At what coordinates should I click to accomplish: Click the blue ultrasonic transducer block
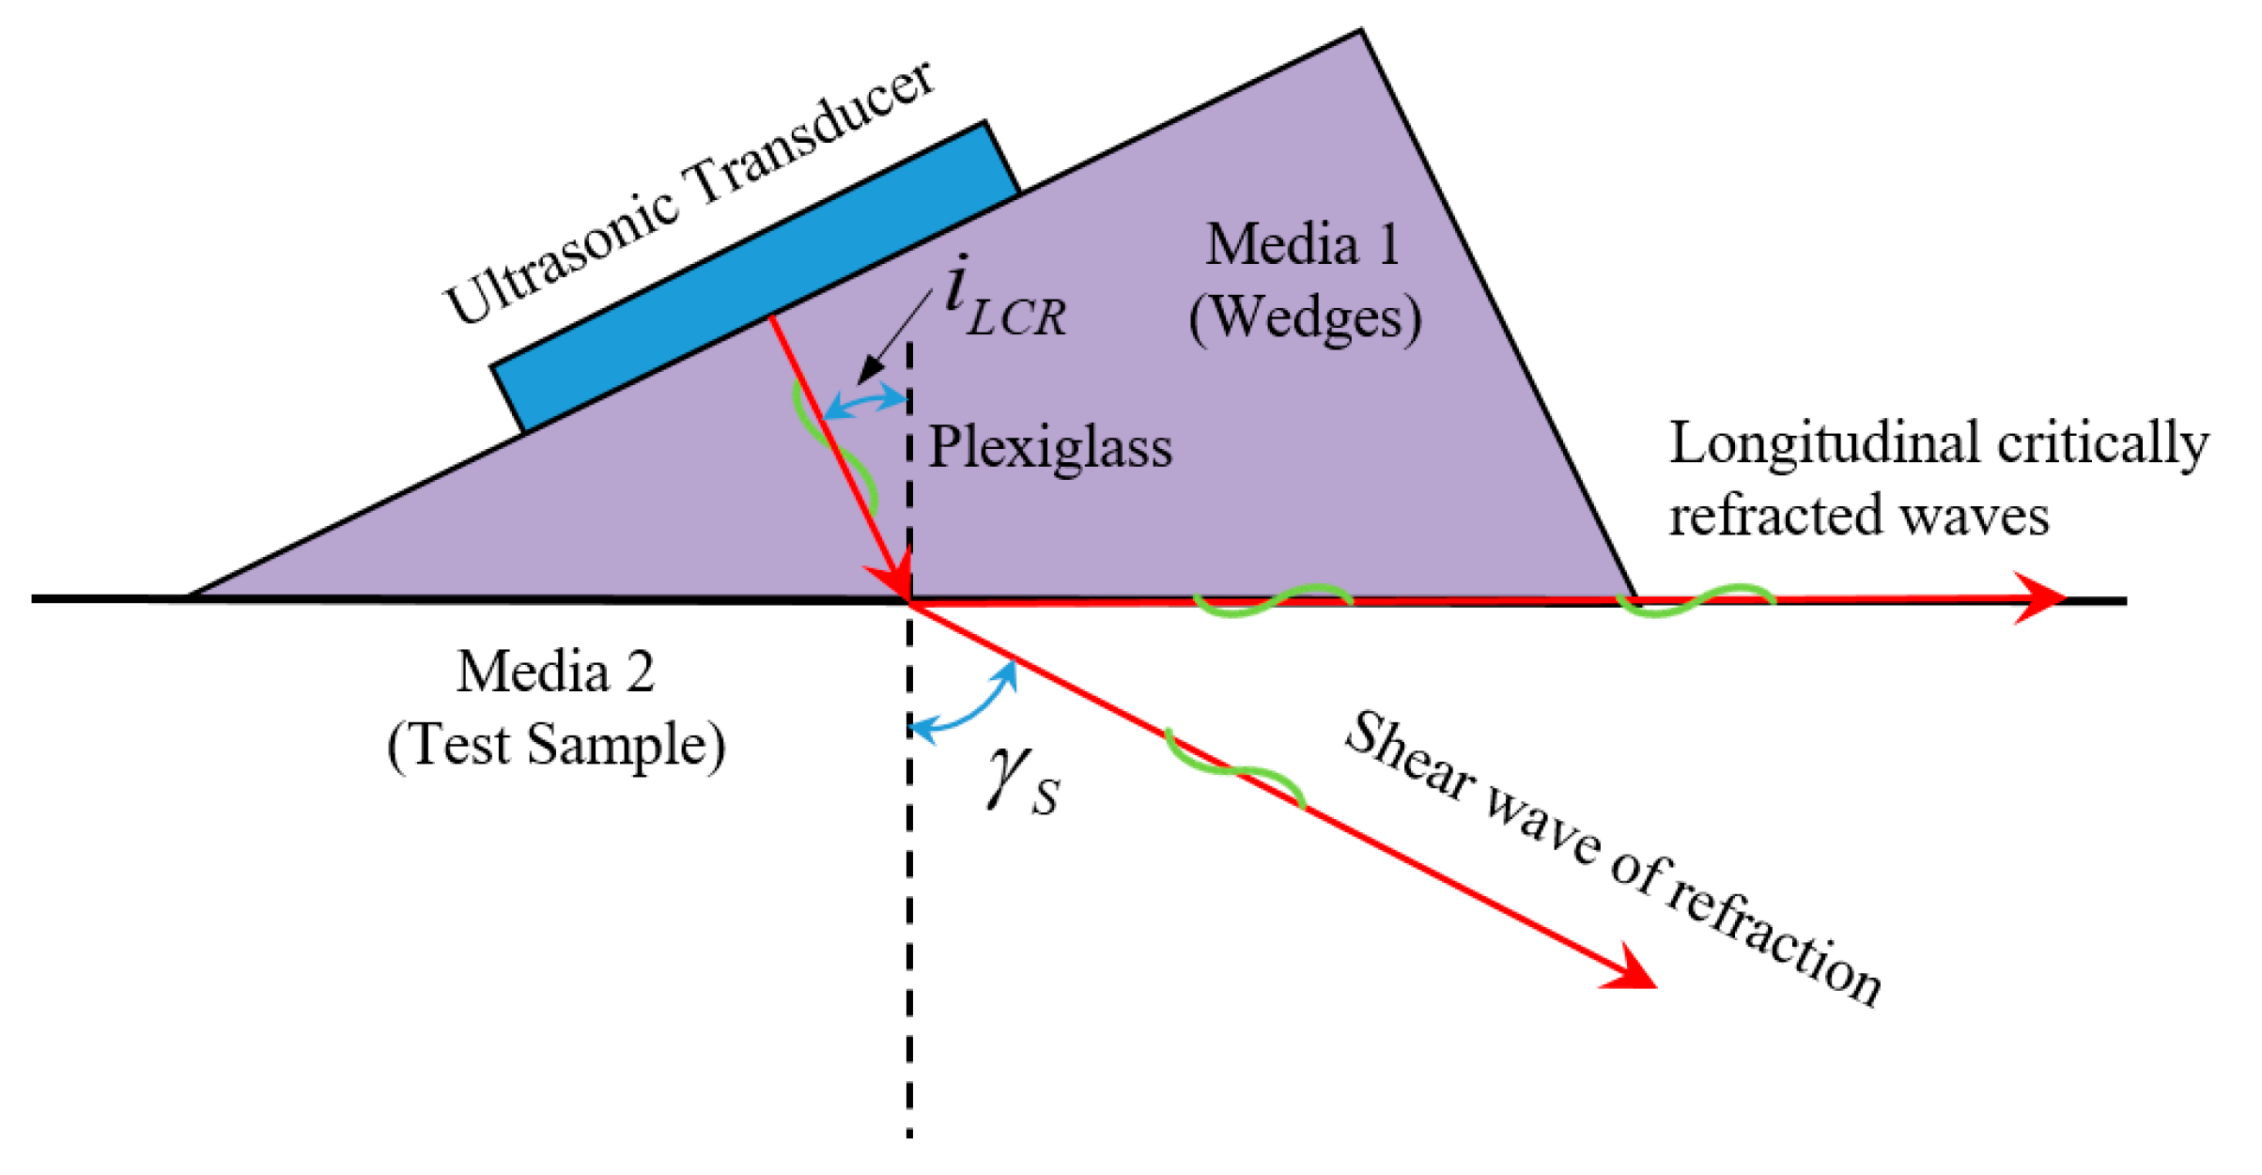point(756,277)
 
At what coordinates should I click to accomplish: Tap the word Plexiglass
point(1050,447)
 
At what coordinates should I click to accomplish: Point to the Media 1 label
point(1303,245)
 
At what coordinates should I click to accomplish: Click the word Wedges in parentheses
point(1305,318)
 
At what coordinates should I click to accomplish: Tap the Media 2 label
point(555,672)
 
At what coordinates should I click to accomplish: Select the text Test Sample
point(556,745)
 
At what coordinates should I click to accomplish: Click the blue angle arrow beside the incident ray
point(864,402)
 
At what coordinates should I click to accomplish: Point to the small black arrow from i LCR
point(892,338)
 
